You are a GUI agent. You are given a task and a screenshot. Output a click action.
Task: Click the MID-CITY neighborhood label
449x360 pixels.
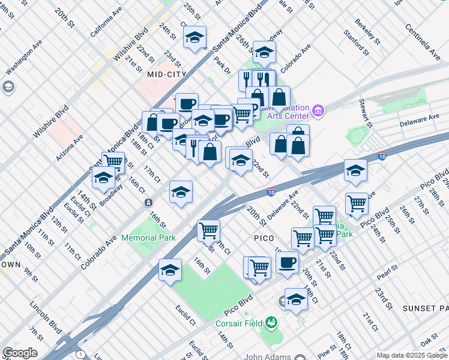coord(167,74)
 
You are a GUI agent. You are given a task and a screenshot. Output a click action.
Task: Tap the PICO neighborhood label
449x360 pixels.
coord(264,238)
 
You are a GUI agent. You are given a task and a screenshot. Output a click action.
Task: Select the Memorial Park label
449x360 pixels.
coord(148,238)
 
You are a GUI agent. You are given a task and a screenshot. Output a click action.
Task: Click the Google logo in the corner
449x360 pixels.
coord(20,353)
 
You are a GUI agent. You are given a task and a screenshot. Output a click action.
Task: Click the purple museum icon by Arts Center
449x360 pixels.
coord(318,111)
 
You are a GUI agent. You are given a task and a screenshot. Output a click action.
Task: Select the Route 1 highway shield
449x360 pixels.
coord(80,355)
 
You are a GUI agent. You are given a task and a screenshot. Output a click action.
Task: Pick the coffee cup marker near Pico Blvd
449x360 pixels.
coord(287,263)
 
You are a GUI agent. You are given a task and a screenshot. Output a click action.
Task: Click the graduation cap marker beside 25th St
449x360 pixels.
coord(194,38)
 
